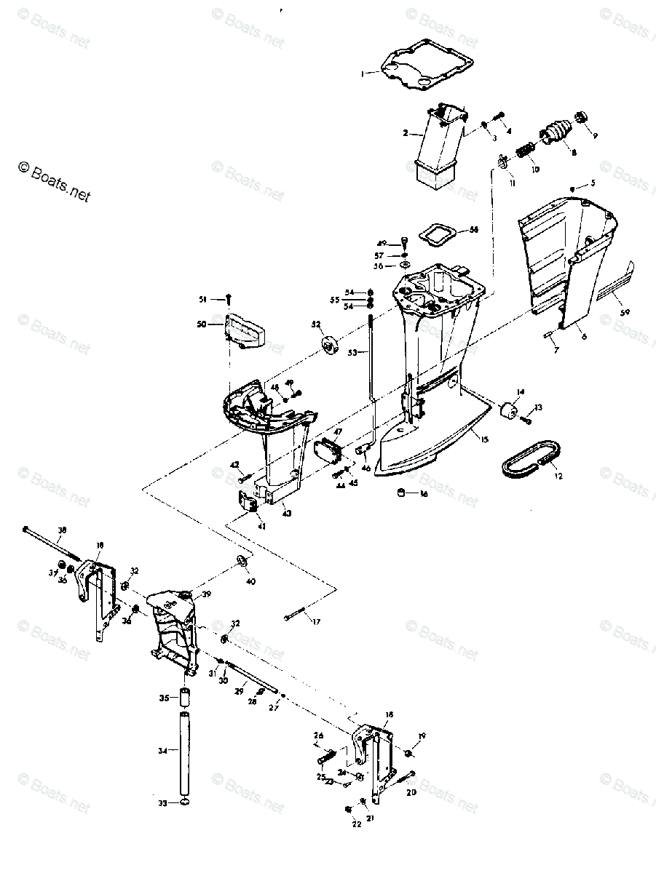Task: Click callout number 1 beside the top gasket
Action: (362, 73)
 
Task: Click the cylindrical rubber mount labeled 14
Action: (508, 410)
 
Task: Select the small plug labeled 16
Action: (400, 494)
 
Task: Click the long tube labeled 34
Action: (185, 754)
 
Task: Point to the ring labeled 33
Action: (185, 803)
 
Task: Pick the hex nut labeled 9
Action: (582, 117)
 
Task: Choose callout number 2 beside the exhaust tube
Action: (406, 133)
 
